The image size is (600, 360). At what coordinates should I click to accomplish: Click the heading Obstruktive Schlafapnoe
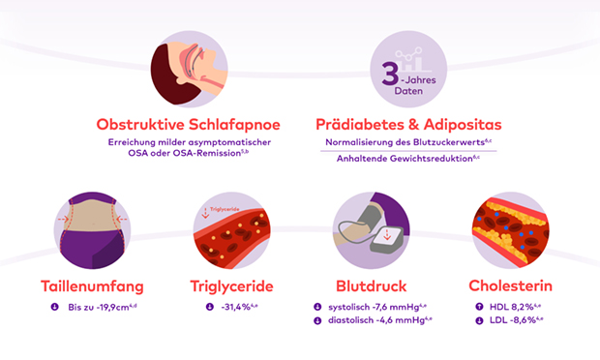189,125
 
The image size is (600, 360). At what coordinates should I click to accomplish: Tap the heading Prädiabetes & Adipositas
408,125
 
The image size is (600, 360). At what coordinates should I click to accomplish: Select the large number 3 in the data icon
390,74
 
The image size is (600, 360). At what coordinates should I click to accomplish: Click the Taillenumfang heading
92,286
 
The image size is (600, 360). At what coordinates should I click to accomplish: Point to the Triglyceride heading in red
232,286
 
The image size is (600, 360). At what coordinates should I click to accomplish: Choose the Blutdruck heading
372,286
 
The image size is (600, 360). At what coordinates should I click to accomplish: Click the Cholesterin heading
510,285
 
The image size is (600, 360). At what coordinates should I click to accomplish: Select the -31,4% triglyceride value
236,307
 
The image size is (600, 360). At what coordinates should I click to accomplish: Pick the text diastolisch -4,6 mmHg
376,320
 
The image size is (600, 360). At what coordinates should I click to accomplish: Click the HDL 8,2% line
512,307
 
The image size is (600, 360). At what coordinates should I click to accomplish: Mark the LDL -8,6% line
513,320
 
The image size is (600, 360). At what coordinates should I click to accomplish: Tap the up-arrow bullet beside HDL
479,307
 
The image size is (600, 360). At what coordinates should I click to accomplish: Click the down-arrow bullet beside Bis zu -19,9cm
55,307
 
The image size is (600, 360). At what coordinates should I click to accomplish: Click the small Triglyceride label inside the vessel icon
225,209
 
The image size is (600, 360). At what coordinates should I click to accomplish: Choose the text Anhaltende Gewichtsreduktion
405,159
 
